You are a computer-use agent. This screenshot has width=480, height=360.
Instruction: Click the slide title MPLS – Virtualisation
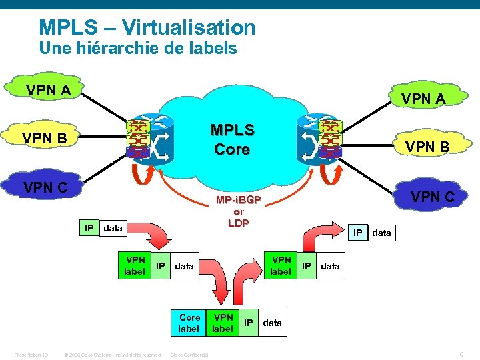point(147,27)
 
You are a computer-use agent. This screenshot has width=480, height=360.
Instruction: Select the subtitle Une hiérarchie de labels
point(138,48)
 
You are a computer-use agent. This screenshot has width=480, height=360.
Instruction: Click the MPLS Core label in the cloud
point(231,139)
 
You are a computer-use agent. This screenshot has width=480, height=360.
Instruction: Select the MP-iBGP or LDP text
point(238,211)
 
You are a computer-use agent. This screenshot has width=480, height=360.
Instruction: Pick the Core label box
point(189,323)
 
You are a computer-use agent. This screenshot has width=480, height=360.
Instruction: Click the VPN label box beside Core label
point(223,323)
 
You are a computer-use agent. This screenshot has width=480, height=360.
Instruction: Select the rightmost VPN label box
point(281,265)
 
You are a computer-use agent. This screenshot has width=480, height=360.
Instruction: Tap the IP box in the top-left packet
point(88,228)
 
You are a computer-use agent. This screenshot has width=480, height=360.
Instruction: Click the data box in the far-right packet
point(381,233)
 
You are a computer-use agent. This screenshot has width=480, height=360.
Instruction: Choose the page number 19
point(459,355)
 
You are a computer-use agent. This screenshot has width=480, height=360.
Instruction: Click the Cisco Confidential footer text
point(189,355)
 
